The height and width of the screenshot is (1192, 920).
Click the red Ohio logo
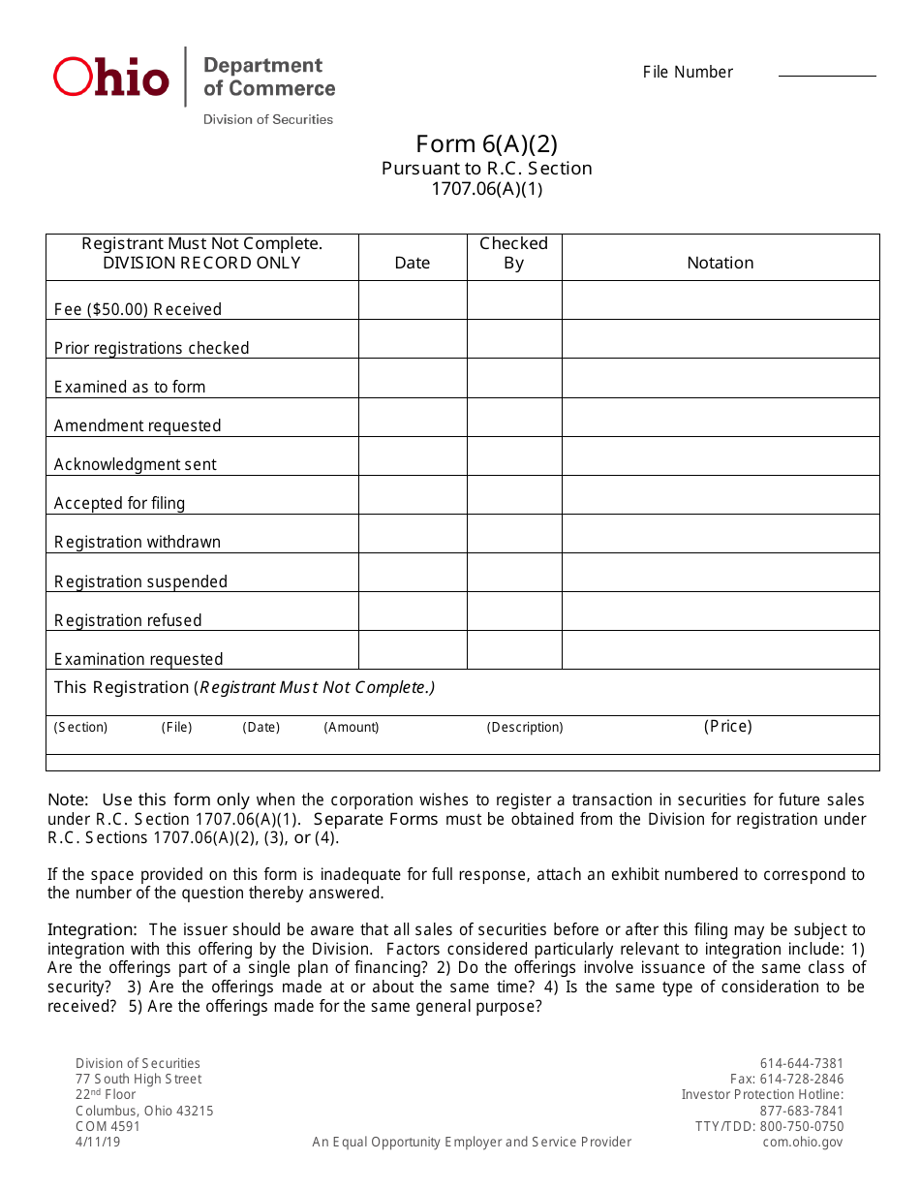(110, 77)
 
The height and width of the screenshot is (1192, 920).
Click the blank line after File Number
(827, 74)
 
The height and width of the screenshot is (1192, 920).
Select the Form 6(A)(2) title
(486, 144)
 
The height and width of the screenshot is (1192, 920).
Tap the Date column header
(413, 263)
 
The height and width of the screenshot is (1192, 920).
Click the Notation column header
(720, 263)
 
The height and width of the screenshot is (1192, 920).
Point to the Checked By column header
(514, 253)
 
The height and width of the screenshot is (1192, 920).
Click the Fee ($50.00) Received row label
(138, 309)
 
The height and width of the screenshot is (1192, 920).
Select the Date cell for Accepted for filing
(413, 494)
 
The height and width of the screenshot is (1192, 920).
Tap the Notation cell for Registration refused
(720, 611)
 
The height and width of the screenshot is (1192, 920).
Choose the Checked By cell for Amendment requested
(514, 417)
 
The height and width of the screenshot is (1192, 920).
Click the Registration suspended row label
(140, 581)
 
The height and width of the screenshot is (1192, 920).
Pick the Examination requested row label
(138, 659)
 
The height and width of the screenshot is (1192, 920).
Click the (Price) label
(727, 726)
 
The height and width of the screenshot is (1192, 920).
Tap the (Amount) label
(352, 727)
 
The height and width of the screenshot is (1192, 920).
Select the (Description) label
(525, 727)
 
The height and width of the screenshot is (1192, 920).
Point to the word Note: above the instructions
(68, 800)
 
